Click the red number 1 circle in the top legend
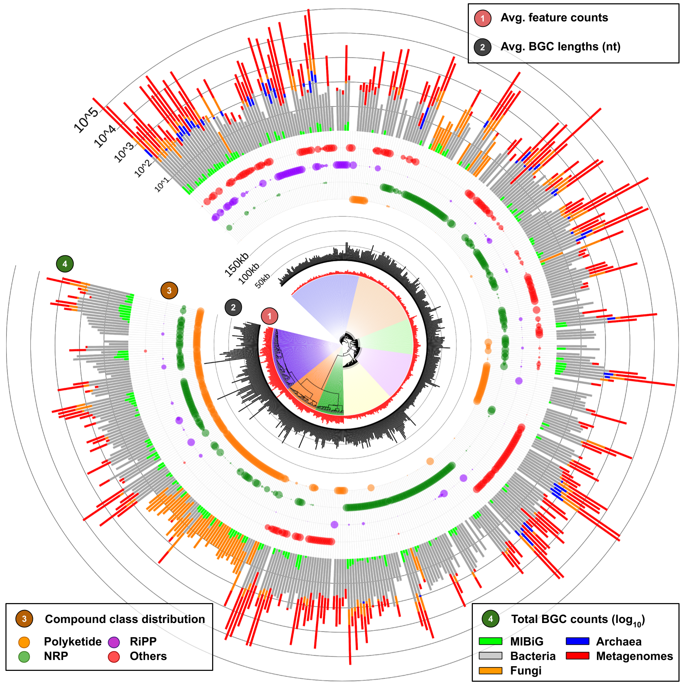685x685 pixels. pos(482,18)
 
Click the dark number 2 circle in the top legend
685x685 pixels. pos(482,47)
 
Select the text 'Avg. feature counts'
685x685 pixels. pos(554,17)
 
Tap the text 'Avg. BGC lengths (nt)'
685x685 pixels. pos(560,46)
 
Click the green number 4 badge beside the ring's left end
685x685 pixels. pos(65,264)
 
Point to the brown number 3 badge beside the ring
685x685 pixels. pos(169,290)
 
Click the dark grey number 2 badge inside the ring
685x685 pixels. pos(233,308)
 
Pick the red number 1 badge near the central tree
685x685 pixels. pos(269,316)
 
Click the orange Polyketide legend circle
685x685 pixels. pos(24,642)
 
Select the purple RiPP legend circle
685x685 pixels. pos(114,642)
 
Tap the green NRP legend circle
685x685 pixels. pos(24,657)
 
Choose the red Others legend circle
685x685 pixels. pos(114,657)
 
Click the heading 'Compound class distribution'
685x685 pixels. pos(125,619)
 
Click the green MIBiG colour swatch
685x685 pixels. pos(490,641)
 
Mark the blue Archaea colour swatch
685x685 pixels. pos(577,641)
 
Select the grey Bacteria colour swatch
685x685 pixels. pos(490,656)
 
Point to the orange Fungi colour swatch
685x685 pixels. pos(490,670)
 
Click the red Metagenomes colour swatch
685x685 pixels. pos(577,656)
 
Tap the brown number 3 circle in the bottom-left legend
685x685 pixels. pos(24,619)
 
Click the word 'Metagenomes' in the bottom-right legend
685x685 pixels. pos(634,656)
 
